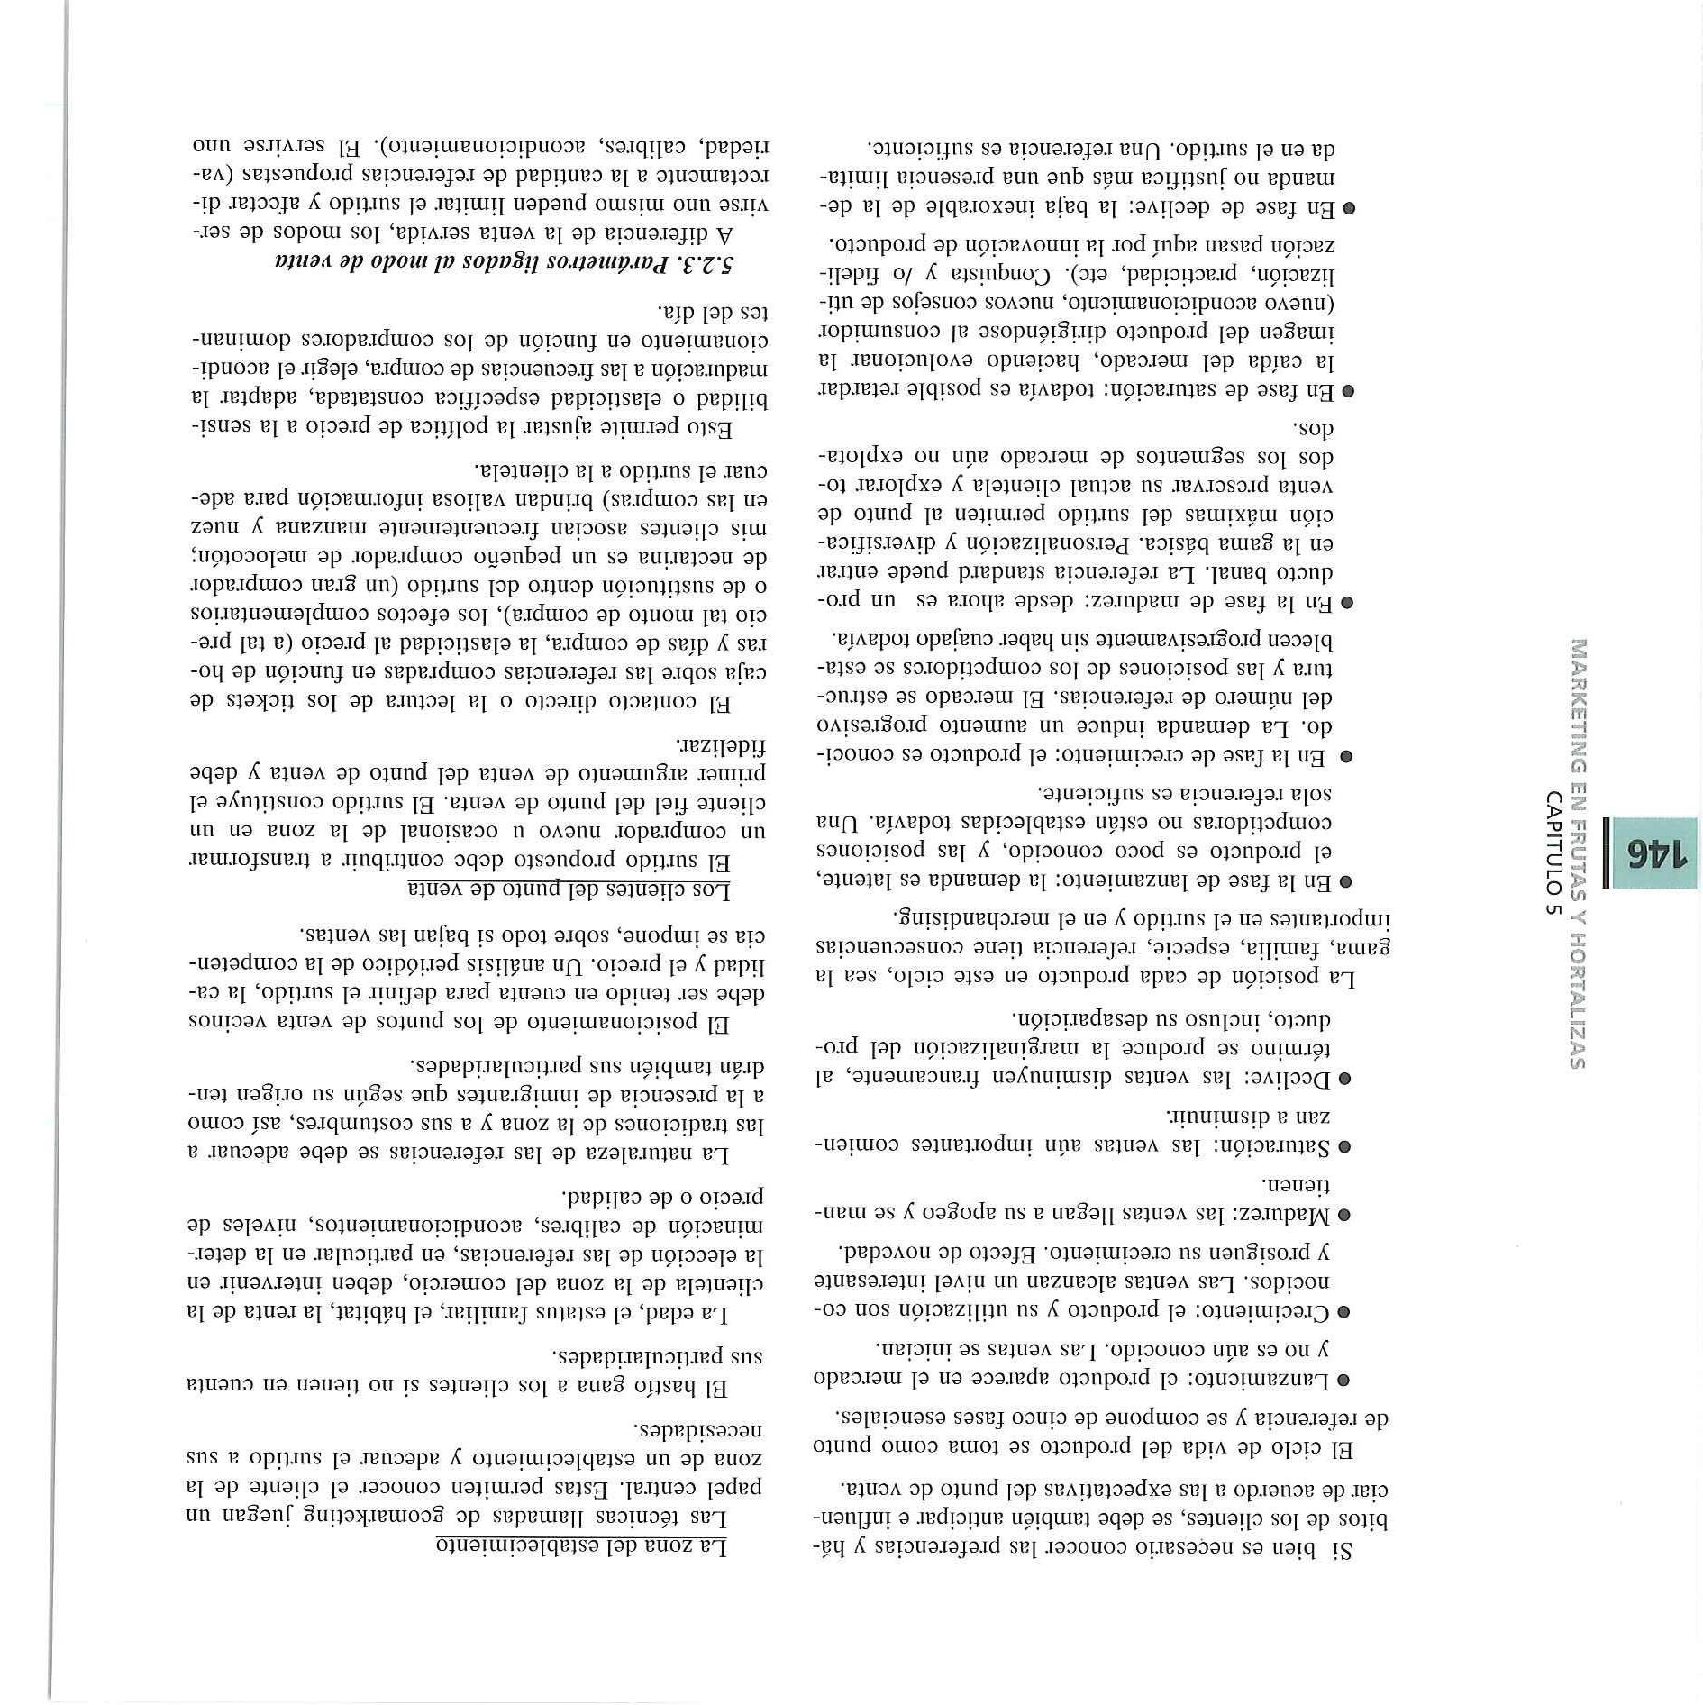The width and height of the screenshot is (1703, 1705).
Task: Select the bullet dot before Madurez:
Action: (1343, 1216)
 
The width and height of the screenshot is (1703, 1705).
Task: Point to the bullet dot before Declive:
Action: (1343, 1078)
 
